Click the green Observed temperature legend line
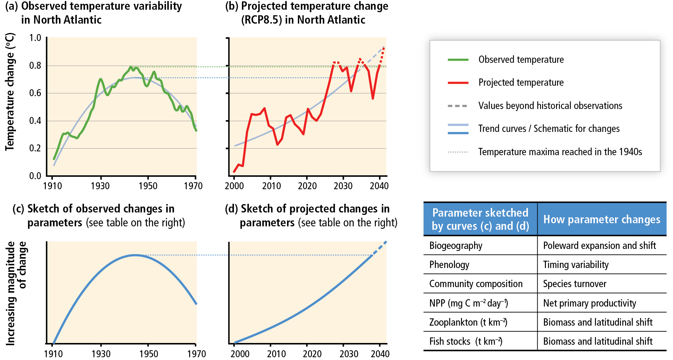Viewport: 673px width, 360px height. click(458, 60)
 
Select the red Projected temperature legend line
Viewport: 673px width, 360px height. click(458, 83)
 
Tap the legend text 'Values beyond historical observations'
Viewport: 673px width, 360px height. click(550, 106)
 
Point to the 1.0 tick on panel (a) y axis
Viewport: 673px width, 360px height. click(35, 38)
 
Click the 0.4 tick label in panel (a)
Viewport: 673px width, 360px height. click(35, 121)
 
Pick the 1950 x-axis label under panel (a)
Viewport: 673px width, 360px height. click(148, 186)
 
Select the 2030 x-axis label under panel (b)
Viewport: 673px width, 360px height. click(343, 186)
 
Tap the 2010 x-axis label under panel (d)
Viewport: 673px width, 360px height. click(276, 354)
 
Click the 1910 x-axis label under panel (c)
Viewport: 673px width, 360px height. click(53, 354)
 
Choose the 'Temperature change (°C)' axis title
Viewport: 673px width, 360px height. click(10, 92)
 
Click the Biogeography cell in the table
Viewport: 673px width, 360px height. click(456, 246)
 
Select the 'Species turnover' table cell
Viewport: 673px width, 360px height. click(574, 284)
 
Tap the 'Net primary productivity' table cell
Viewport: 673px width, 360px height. click(589, 303)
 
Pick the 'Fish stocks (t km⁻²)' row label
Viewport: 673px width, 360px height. click(465, 342)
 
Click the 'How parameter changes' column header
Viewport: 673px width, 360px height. click(602, 219)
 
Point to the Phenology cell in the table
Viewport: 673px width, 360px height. click(449, 265)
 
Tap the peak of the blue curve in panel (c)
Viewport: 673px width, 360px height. click(135, 255)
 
